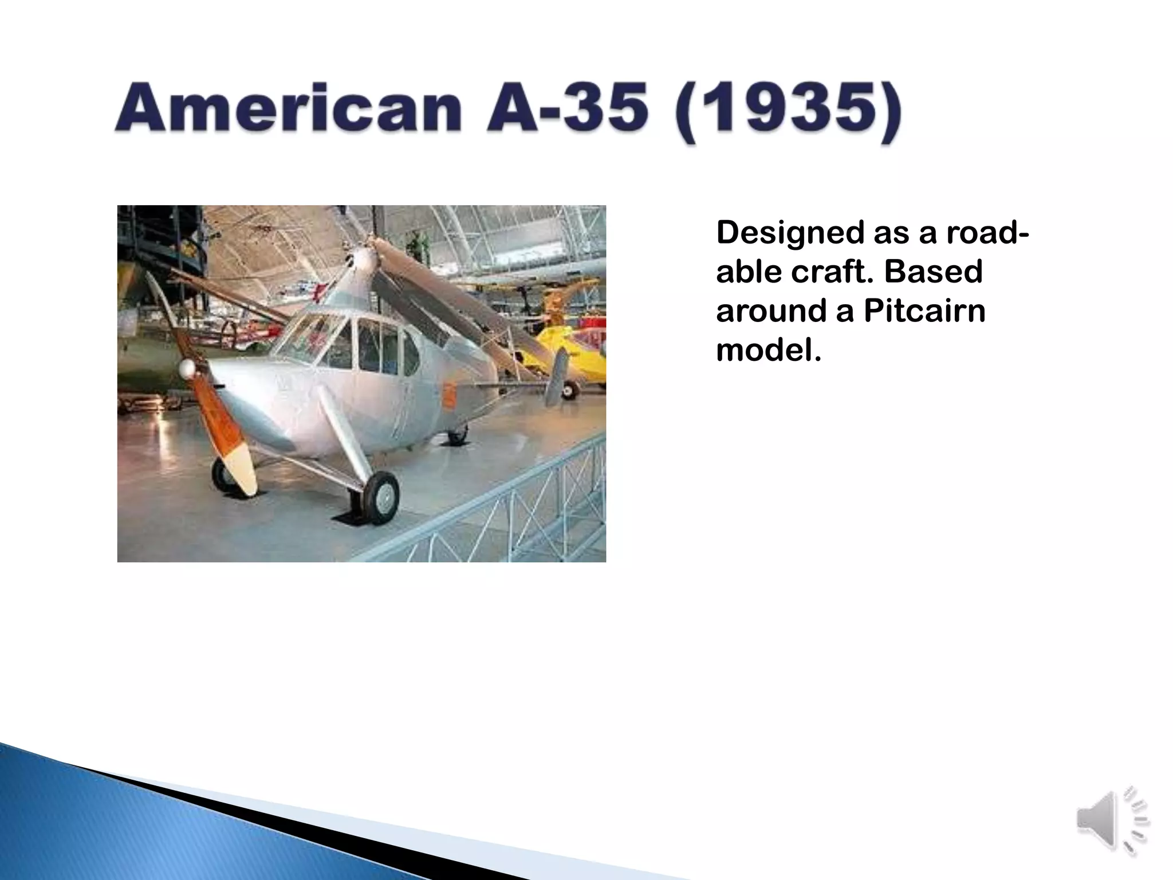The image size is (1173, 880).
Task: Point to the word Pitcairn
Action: click(924, 311)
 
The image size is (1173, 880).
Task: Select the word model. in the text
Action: click(769, 349)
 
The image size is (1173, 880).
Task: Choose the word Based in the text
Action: click(934, 272)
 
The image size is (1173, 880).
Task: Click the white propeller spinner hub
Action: click(188, 370)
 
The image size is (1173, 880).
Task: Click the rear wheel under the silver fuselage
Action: click(457, 435)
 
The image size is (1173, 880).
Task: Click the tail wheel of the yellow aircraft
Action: click(569, 391)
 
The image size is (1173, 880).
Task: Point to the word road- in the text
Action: click(987, 234)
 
